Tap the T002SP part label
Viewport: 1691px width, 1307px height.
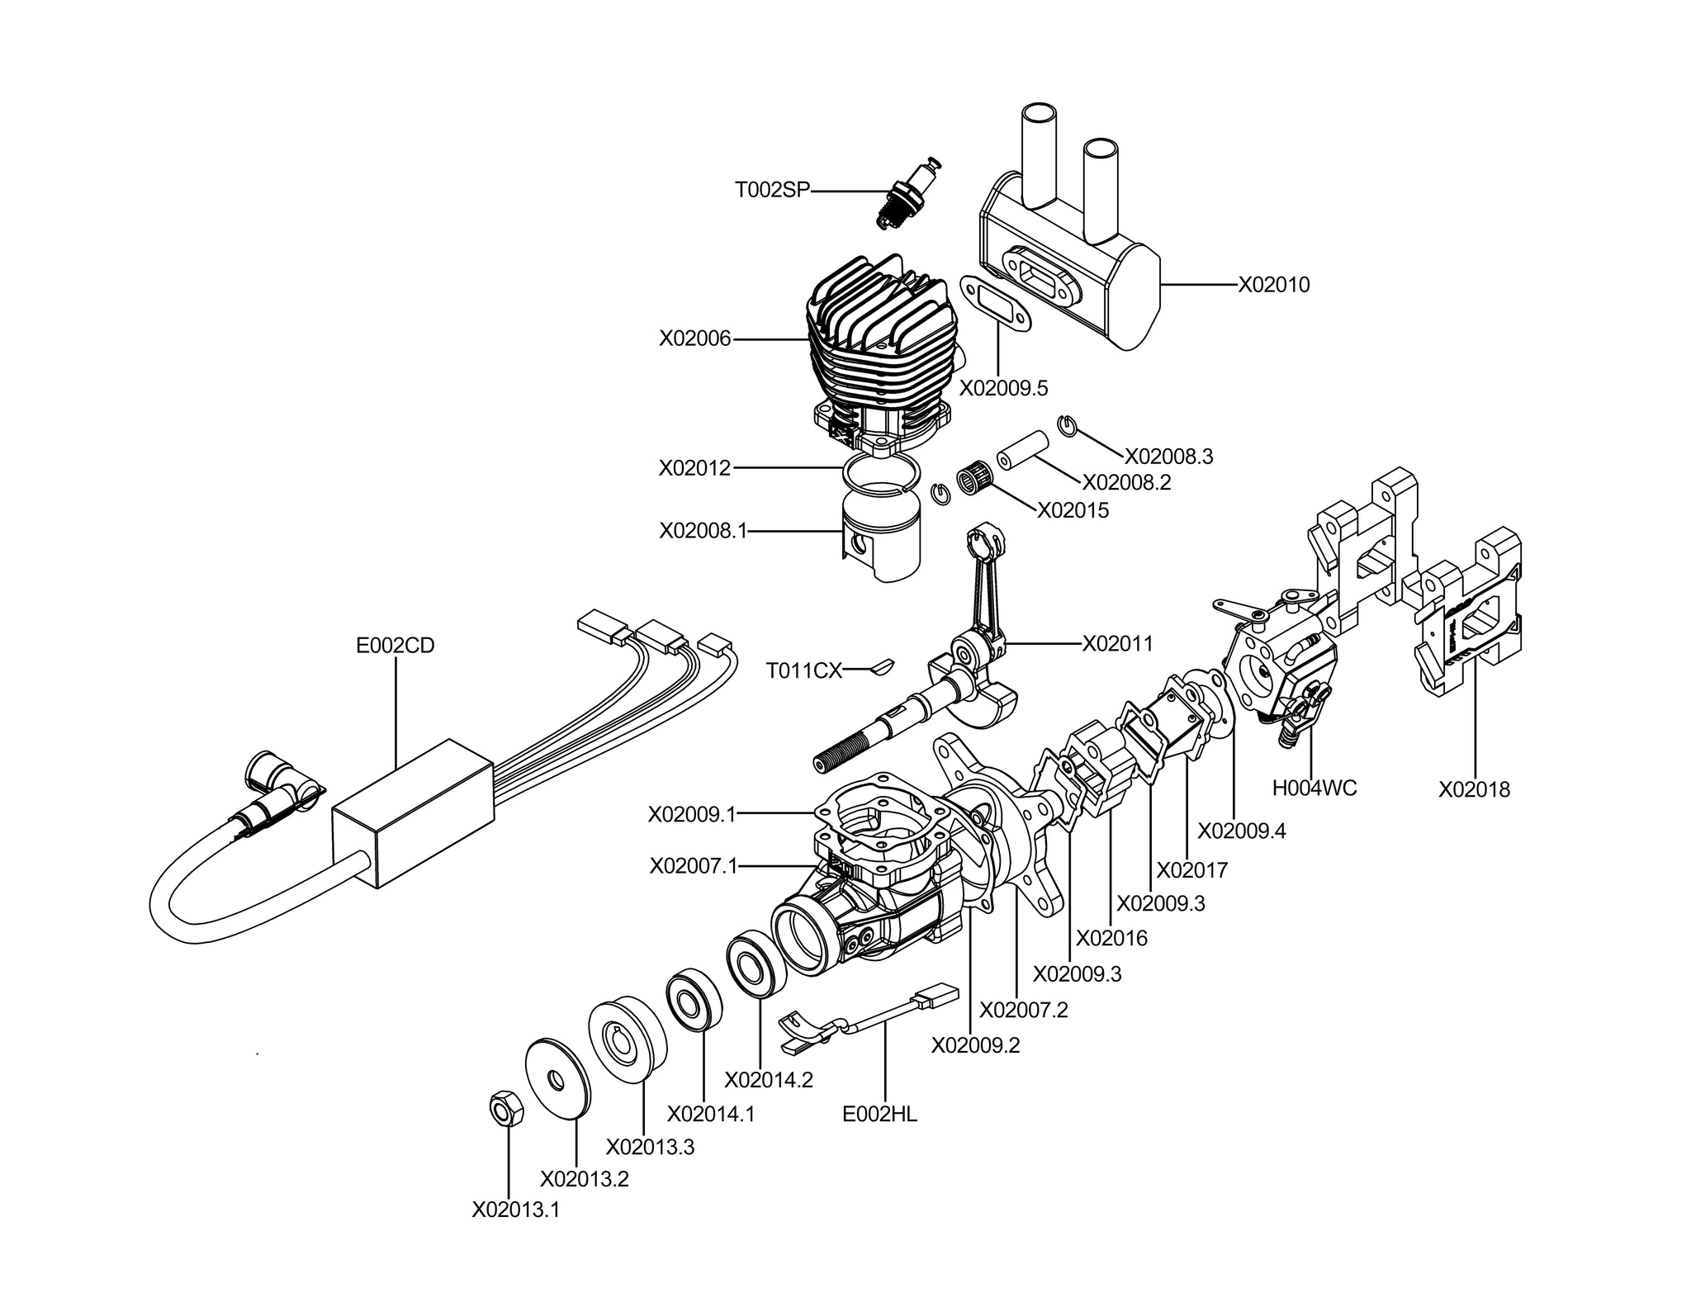point(773,191)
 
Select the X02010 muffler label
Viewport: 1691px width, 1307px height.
point(1273,285)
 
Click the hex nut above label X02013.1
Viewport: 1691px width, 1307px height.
point(506,1108)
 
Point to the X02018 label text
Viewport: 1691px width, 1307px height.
point(1474,790)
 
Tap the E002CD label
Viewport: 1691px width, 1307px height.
point(395,646)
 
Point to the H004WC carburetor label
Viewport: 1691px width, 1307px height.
point(1314,788)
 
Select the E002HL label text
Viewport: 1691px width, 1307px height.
point(879,1114)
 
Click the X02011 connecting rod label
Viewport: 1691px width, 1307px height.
point(1117,643)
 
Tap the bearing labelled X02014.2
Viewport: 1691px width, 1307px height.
point(756,964)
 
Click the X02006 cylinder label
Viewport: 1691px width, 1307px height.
point(694,339)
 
